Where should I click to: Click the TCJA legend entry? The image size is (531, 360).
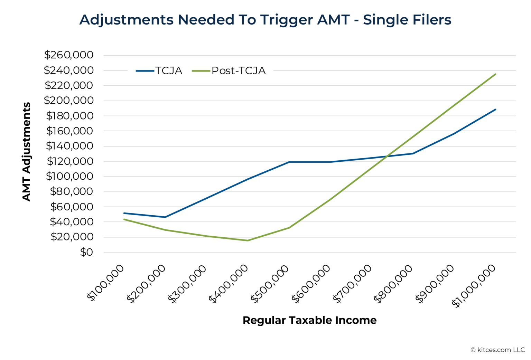click(x=159, y=71)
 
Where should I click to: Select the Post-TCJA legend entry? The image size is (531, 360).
click(x=229, y=71)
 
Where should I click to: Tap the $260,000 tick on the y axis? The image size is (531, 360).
click(x=69, y=55)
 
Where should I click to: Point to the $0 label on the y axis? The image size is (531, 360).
click(x=86, y=252)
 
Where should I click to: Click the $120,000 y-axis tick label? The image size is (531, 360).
click(x=70, y=161)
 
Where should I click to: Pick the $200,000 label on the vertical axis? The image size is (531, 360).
click(x=69, y=101)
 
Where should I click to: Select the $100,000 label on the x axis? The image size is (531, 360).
click(x=106, y=283)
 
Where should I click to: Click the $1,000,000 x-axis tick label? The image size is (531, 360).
click(x=474, y=286)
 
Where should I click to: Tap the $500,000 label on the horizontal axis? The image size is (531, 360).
click(x=270, y=284)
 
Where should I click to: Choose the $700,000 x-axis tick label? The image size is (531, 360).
click(x=353, y=284)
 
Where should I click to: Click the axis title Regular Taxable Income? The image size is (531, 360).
click(x=309, y=320)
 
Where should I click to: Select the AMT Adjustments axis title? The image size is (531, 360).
click(x=27, y=152)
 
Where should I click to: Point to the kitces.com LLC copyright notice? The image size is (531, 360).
click(x=497, y=350)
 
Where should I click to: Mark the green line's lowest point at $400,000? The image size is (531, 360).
click(x=248, y=240)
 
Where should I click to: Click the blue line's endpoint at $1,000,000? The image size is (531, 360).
click(x=495, y=110)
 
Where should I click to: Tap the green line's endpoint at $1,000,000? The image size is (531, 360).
click(x=495, y=74)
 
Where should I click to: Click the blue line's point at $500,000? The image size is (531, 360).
click(x=289, y=162)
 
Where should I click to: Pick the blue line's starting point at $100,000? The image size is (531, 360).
click(x=124, y=213)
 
